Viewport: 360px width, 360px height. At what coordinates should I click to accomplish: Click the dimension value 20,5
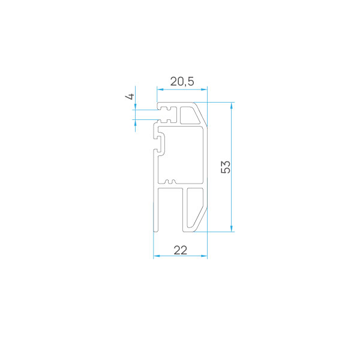click(x=182, y=81)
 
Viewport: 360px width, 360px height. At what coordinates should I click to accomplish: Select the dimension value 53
click(x=226, y=167)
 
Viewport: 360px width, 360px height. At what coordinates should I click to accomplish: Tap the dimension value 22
click(x=181, y=250)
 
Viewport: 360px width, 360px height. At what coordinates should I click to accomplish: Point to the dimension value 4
click(x=130, y=97)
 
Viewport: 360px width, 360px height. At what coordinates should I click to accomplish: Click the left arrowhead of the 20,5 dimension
click(x=160, y=89)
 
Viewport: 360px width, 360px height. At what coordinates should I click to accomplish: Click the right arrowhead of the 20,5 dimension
click(x=204, y=89)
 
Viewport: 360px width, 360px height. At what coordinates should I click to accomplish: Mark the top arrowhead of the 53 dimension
click(x=232, y=106)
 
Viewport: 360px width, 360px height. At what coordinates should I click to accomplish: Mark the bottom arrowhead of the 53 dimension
click(x=232, y=229)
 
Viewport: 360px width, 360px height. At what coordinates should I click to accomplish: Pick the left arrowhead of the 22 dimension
click(x=157, y=256)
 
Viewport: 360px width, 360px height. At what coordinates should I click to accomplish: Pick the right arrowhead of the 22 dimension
click(x=204, y=256)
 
